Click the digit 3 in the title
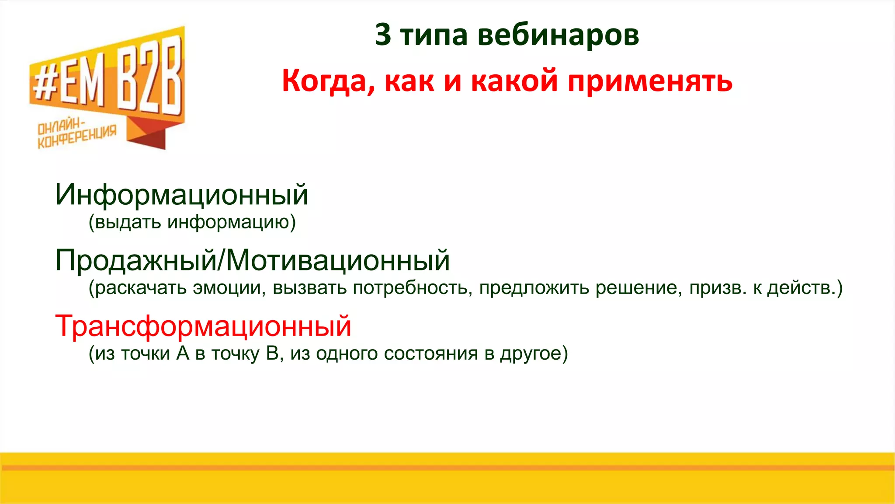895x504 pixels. pyautogui.click(x=383, y=35)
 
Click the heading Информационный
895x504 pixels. pyautogui.click(x=182, y=195)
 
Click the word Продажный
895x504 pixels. pyautogui.click(x=136, y=260)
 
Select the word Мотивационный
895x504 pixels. pyautogui.click(x=338, y=260)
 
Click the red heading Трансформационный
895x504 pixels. pyautogui.click(x=203, y=326)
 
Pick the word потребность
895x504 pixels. pyautogui.click(x=412, y=288)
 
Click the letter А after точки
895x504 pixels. pyautogui.click(x=183, y=353)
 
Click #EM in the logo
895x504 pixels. pyautogui.click(x=70, y=85)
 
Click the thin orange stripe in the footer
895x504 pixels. pyautogui.click(x=447, y=468)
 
